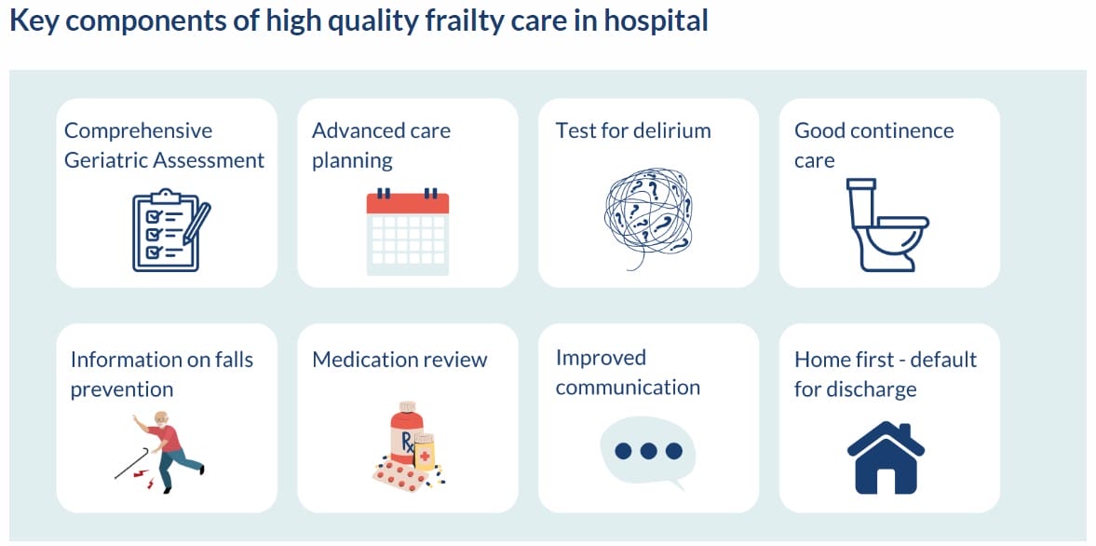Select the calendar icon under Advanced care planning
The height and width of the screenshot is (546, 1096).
[407, 232]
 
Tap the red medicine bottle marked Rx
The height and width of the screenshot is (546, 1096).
[407, 436]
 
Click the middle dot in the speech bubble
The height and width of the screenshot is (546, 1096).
[648, 451]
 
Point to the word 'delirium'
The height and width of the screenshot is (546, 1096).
[671, 130]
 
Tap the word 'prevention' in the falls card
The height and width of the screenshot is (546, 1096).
[122, 389]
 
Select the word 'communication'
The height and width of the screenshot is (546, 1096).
[628, 388]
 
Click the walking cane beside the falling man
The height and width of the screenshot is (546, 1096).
[131, 463]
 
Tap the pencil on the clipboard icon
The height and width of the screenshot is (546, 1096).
[196, 223]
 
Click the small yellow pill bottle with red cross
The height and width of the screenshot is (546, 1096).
[425, 452]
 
